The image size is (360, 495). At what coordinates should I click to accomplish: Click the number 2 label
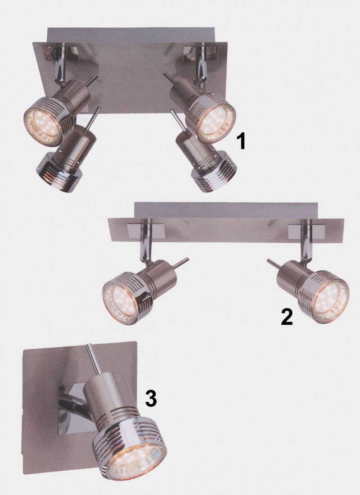click(287, 316)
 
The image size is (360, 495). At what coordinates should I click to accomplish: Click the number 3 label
click(151, 398)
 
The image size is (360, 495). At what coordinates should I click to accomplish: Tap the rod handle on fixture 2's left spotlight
click(182, 262)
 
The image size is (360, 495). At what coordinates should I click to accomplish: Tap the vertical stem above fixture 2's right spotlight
click(306, 241)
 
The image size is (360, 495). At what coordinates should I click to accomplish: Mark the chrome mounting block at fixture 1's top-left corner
click(60, 51)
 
